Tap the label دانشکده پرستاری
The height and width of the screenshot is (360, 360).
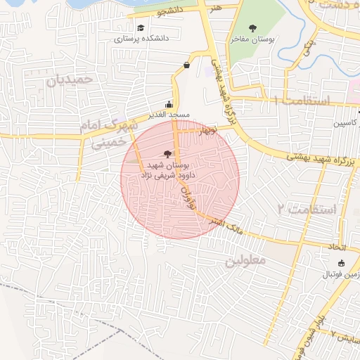(x=141, y=39)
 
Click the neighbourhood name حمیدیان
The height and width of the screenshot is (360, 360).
(x=70, y=79)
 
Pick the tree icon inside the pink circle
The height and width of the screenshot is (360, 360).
(x=167, y=153)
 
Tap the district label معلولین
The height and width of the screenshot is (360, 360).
(x=247, y=261)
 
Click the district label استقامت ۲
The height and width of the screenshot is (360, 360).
(x=307, y=210)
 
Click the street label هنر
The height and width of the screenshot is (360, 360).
(x=214, y=6)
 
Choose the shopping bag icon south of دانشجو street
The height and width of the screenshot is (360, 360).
(x=186, y=65)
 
